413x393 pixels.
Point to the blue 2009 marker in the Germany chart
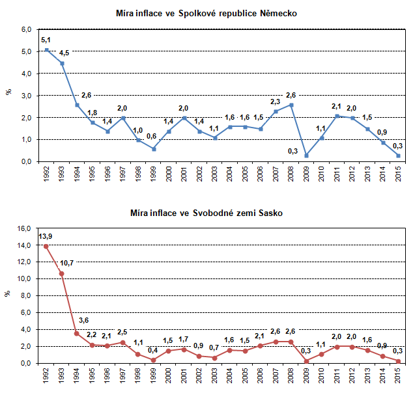pyautogui.click(x=306, y=155)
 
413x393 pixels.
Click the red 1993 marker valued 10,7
pyautogui.click(x=62, y=273)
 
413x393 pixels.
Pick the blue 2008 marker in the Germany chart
pyautogui.click(x=291, y=105)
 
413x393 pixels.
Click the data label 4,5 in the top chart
pyautogui.click(x=64, y=53)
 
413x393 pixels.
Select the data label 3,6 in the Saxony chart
pyautogui.click(x=83, y=321)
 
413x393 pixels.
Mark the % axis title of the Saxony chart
pyautogui.click(x=8, y=294)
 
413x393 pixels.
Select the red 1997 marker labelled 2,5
pyautogui.click(x=122, y=342)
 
